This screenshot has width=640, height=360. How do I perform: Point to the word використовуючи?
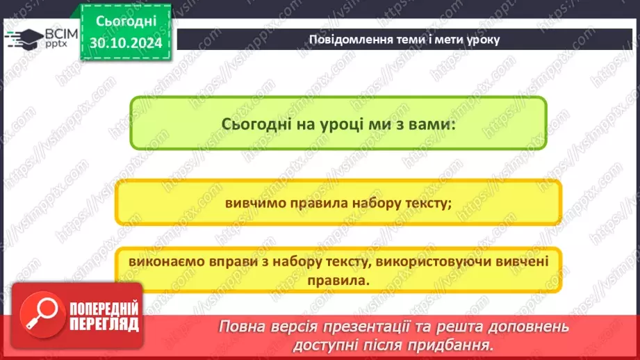click(445, 261)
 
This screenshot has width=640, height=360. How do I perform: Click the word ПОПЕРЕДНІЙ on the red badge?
click(104, 309)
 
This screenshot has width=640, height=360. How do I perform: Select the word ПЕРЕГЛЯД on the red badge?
click(104, 323)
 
